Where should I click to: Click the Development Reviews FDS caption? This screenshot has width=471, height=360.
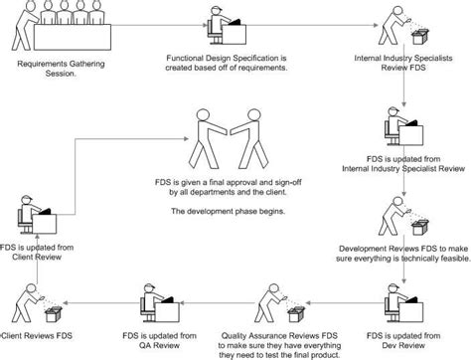pyautogui.click(x=402, y=257)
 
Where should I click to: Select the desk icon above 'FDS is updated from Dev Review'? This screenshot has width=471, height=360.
pyautogui.click(x=401, y=299)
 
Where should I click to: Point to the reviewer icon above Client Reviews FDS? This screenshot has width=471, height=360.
pyautogui.click(x=40, y=299)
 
